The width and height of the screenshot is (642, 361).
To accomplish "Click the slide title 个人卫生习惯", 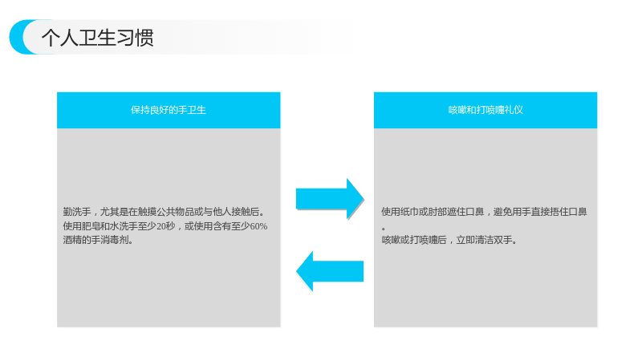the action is (97, 38).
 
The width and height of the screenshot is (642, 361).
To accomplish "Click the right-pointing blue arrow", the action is (330, 199).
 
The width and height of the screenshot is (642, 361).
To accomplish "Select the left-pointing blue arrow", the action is (330, 271).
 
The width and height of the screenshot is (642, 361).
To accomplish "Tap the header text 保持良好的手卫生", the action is (169, 110).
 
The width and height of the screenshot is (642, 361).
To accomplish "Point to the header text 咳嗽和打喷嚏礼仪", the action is (486, 110).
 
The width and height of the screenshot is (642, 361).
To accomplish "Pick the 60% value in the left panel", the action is (258, 226).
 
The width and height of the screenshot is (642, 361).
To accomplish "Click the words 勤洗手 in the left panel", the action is (77, 212).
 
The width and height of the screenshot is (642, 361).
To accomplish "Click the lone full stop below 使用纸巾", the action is (384, 229).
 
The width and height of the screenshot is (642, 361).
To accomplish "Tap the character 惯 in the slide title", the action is (144, 38).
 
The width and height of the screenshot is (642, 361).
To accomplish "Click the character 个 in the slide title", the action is (51, 38).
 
